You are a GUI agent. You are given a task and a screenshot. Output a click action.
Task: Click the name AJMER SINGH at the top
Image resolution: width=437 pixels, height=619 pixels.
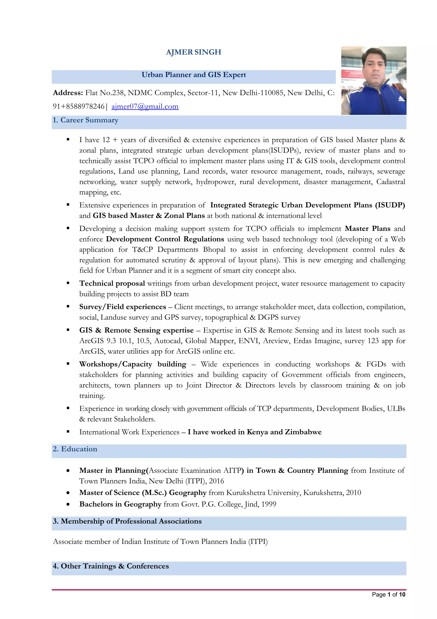click(194, 52)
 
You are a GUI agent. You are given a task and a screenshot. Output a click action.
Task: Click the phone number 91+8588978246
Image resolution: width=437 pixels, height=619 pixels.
click(78, 106)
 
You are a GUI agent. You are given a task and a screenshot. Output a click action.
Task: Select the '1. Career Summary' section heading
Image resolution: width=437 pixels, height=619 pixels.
click(86, 120)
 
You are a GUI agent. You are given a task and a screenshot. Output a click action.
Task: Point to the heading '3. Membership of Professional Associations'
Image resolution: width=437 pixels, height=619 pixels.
click(127, 521)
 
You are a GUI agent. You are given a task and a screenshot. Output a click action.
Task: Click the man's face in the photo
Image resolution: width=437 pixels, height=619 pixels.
click(373, 65)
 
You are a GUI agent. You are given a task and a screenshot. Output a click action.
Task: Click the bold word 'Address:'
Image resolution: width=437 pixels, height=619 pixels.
click(68, 93)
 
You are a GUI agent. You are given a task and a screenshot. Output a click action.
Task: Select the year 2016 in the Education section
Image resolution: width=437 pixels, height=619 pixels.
click(216, 481)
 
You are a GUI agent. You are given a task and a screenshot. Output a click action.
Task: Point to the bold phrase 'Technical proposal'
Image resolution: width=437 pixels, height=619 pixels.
click(112, 283)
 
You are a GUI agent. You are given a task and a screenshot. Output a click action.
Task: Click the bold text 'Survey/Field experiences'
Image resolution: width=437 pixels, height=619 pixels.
click(122, 307)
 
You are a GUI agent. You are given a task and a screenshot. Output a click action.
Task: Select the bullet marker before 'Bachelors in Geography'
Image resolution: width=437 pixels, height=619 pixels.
click(68, 504)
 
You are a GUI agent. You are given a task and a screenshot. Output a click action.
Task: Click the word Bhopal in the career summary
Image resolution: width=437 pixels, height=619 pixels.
click(214, 250)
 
